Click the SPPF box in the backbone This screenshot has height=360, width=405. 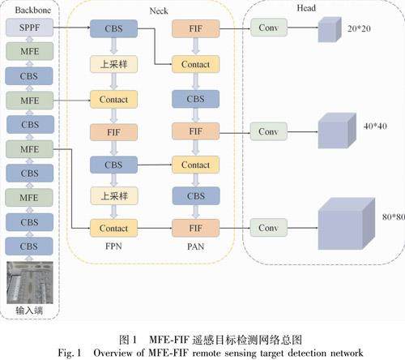29,28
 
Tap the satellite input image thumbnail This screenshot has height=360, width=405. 30,282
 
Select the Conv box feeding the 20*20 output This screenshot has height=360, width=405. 269,28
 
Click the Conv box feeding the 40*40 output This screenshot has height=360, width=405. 269,131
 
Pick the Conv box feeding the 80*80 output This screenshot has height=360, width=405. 269,228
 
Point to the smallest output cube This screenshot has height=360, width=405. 330,29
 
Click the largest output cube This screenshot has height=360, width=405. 347,224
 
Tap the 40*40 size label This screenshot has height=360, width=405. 375,126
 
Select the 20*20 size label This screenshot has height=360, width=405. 359,28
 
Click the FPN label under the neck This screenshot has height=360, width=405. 113,246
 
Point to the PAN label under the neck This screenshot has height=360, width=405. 195,246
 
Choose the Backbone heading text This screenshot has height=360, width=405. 33,10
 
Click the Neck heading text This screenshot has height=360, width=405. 159,11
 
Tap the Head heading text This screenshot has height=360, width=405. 306,8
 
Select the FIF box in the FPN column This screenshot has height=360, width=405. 113,132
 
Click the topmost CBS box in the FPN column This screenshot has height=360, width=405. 113,28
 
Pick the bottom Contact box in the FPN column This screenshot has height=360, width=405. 113,228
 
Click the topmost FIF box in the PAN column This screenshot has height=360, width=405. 196,28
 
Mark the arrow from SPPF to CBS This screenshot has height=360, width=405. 72,28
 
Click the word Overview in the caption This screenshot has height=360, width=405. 113,353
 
